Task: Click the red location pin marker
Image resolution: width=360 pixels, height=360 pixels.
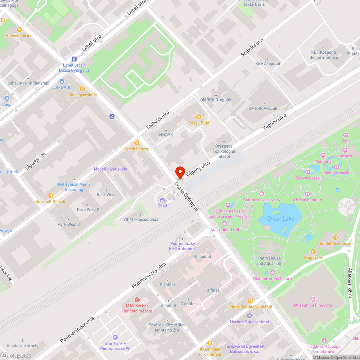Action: (180, 172)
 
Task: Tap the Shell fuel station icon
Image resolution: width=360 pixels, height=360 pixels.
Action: (162, 200)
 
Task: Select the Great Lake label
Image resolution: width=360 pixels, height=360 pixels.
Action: (281, 219)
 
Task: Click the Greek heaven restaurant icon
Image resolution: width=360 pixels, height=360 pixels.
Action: (136, 143)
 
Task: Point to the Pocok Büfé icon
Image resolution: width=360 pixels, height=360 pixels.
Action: (198, 117)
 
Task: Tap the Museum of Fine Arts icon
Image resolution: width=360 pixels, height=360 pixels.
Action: (312, 299)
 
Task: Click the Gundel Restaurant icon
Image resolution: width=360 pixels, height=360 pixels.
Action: (336, 238)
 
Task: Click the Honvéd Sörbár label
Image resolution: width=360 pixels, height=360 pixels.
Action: (19, 36)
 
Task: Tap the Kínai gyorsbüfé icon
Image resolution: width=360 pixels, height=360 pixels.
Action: (82, 89)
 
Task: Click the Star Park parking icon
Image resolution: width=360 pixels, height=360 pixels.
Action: (115, 337)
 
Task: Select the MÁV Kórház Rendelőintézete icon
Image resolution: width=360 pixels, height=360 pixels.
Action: (137, 300)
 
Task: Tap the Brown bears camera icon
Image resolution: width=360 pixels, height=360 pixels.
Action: (308, 172)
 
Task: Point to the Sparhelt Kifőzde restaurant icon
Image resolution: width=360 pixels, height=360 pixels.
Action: (51, 195)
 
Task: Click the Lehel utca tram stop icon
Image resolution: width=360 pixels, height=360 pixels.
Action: (74, 59)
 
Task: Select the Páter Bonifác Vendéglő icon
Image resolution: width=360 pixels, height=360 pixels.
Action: (251, 301)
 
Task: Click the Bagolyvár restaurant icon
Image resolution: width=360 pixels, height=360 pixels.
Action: (313, 252)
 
